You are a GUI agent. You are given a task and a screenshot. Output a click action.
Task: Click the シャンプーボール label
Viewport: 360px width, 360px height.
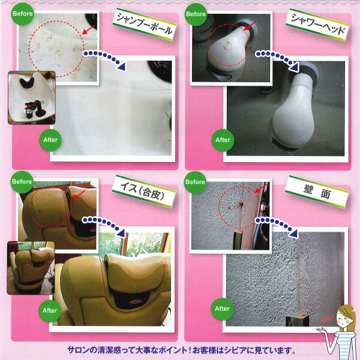click(145, 25)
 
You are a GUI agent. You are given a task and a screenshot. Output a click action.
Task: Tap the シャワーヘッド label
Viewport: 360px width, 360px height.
click(317, 25)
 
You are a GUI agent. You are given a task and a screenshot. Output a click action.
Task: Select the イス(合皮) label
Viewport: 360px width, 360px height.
click(144, 191)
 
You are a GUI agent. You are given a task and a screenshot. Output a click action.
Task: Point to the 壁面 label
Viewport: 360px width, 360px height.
click(317, 192)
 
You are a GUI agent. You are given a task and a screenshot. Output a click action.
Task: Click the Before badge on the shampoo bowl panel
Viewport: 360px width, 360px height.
click(23, 14)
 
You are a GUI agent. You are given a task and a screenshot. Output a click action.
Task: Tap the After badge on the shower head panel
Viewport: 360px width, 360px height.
click(223, 140)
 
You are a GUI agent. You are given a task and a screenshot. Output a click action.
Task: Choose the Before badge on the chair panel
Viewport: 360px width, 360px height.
click(22, 182)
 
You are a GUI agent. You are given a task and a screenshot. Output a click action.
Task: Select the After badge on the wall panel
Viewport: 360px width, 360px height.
click(222, 309)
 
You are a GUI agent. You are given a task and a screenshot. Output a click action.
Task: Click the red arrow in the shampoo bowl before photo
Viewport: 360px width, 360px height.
click(88, 29)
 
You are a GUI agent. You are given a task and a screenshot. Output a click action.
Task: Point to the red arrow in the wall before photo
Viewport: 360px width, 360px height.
click(261, 188)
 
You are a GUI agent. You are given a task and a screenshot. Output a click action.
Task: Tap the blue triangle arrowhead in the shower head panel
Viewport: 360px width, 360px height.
click(295, 68)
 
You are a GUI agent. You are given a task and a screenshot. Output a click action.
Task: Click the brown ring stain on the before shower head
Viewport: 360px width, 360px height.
click(227, 46)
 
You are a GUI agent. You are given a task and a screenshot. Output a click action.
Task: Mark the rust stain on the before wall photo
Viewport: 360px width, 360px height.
click(241, 205)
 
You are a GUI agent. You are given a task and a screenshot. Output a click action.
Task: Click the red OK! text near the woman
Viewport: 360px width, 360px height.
click(327, 318)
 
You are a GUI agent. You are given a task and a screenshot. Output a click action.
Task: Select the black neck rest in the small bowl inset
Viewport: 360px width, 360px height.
click(27, 82)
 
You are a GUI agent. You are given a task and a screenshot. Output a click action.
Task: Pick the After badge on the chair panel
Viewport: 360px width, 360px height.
click(50, 311)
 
